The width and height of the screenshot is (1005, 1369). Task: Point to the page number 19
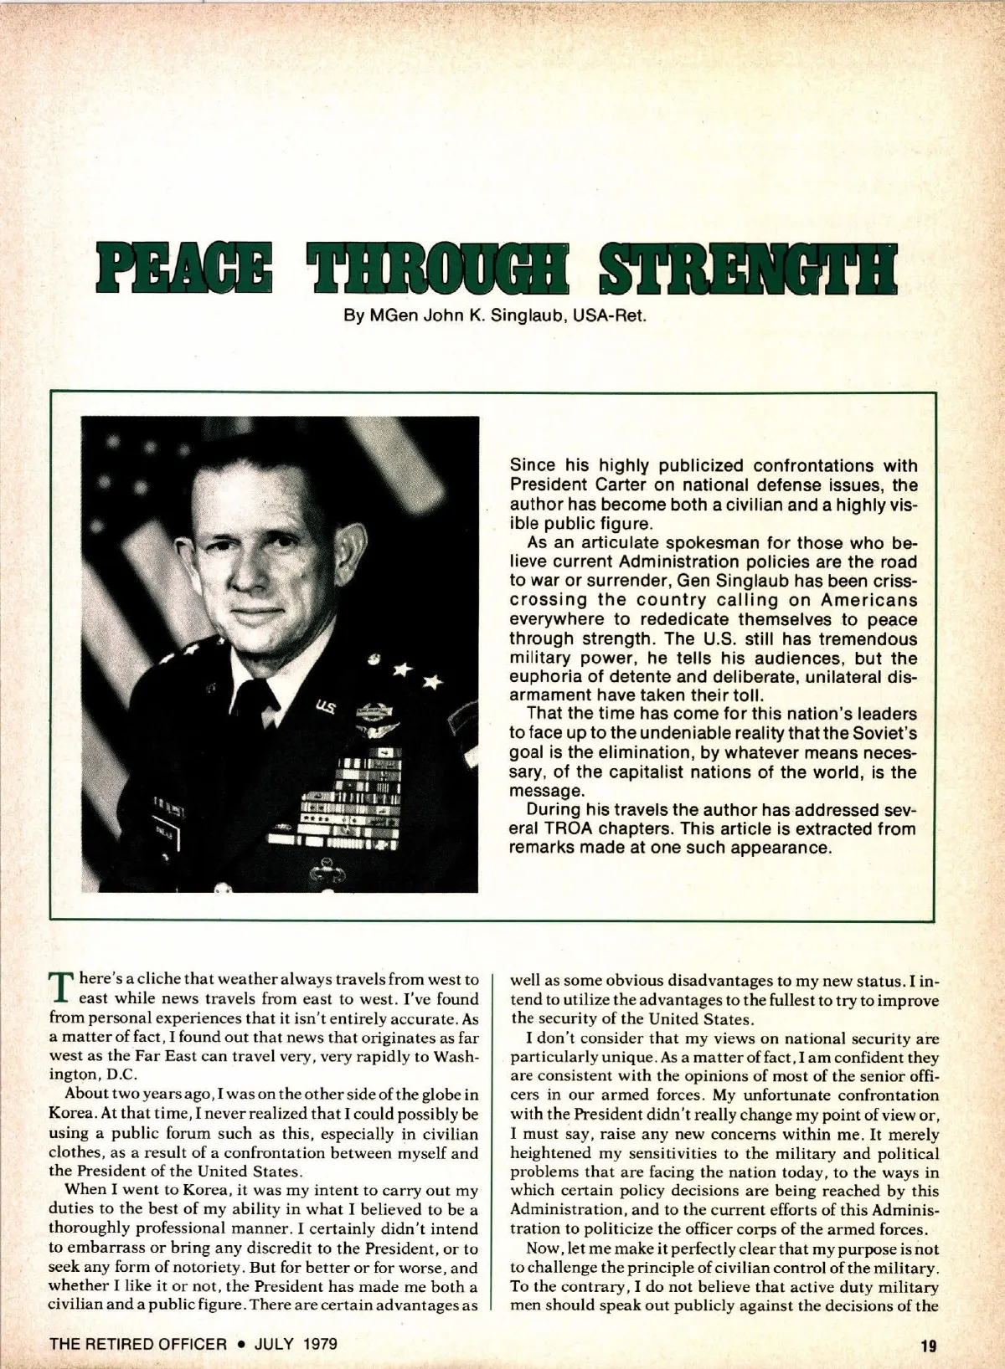point(928,1346)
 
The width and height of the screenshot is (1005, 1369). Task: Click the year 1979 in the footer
point(320,1345)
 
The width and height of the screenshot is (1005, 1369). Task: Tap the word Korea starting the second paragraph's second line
point(70,1115)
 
